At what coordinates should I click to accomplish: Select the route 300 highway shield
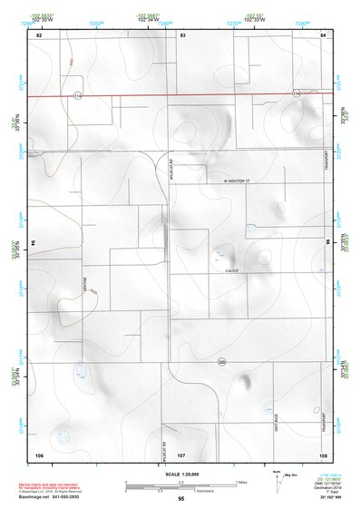[221, 363]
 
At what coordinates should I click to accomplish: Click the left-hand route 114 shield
[78, 94]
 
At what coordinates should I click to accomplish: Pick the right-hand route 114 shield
[296, 93]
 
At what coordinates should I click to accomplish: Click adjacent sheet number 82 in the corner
[39, 34]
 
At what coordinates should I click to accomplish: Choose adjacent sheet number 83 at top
[182, 34]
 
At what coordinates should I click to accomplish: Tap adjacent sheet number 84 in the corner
[323, 34]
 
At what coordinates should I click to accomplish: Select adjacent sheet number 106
[39, 454]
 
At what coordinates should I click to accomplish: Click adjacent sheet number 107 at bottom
[181, 454]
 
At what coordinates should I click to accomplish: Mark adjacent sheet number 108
[323, 454]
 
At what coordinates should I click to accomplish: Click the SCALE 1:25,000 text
[180, 475]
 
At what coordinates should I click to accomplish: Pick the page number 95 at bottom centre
[181, 500]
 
